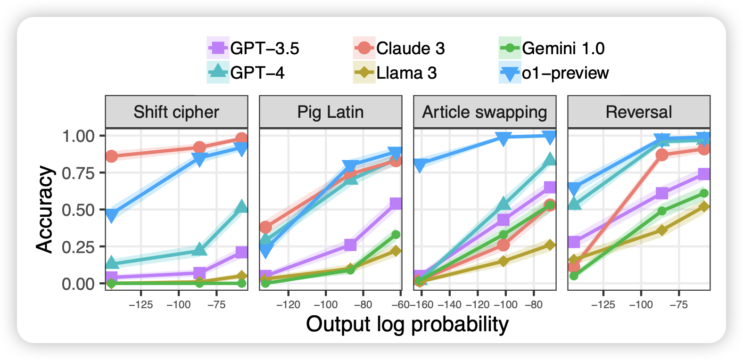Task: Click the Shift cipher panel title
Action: [x=176, y=112]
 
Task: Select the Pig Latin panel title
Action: [x=330, y=112]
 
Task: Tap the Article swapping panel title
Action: [x=485, y=112]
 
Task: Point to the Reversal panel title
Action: [x=639, y=112]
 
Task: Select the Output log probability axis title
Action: [x=407, y=325]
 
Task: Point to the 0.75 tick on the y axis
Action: [x=78, y=173]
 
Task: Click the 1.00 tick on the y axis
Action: [x=78, y=136]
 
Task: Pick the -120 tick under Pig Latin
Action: [x=288, y=304]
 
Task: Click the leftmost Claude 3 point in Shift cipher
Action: [x=111, y=156]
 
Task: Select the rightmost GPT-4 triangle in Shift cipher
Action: [x=241, y=206]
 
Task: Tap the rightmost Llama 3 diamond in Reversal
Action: [x=704, y=207]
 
